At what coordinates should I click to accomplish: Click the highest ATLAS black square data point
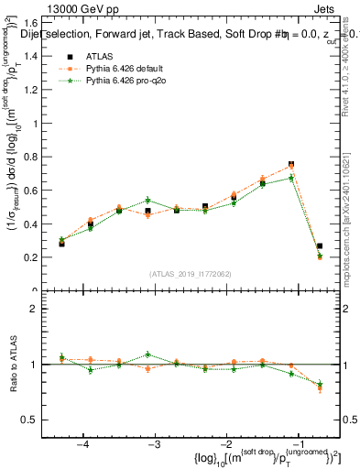pos(291,165)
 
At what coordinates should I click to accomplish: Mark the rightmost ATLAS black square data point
pos(320,245)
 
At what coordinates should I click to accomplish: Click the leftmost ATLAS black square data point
pos(61,244)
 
